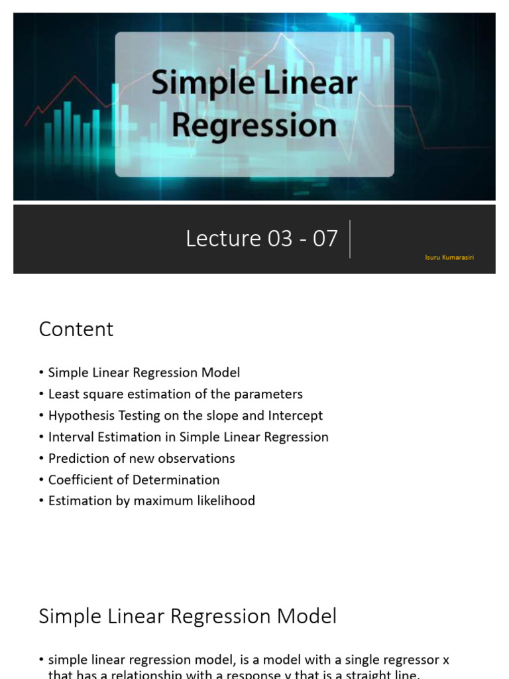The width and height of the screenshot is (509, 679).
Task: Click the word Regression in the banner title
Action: (x=254, y=125)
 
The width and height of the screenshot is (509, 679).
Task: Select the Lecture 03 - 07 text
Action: (x=262, y=239)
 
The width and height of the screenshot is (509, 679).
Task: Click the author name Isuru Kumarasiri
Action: (x=449, y=257)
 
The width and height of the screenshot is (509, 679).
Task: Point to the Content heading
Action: (x=76, y=330)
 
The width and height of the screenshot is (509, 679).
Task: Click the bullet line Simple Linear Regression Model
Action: (x=144, y=373)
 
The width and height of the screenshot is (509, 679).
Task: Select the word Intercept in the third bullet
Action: (x=296, y=416)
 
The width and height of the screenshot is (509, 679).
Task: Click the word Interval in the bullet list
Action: (x=70, y=437)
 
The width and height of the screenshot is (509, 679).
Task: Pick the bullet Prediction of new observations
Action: (x=141, y=458)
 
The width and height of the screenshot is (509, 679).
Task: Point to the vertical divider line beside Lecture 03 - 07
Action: (x=350, y=239)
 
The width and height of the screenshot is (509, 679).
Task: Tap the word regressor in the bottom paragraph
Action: (x=407, y=660)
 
